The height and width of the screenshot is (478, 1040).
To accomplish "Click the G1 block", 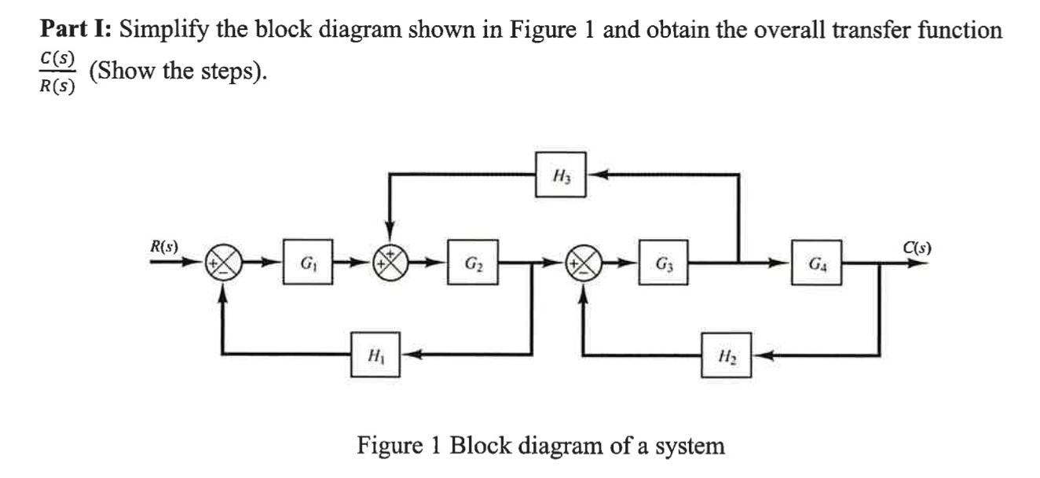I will pos(303,262).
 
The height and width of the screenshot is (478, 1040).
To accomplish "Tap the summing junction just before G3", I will pos(584,262).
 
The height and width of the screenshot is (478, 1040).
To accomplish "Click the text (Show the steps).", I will pos(178,72).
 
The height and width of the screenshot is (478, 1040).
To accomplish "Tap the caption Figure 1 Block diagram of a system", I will pos(540,446).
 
